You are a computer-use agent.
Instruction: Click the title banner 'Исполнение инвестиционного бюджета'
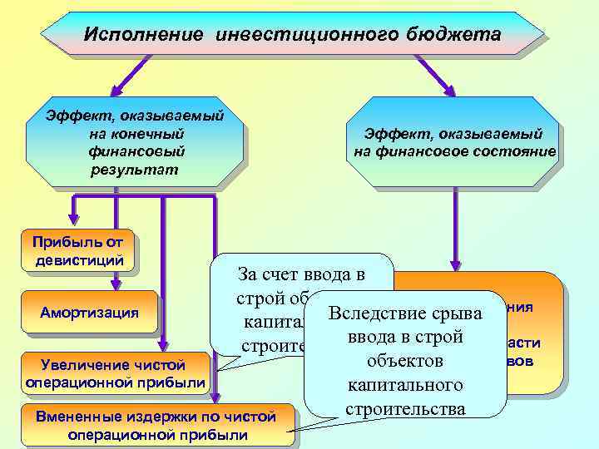pos(293,35)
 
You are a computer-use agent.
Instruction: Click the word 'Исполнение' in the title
pos(143,35)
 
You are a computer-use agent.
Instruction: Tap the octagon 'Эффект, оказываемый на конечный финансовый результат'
pos(136,141)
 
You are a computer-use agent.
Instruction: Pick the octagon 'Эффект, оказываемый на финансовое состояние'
pos(453,141)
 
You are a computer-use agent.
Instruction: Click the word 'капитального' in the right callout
pos(405,386)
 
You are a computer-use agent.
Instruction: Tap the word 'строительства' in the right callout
pos(405,409)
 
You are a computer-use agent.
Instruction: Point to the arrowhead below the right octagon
pos(455,264)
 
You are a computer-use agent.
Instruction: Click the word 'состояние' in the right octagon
pos(514,151)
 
